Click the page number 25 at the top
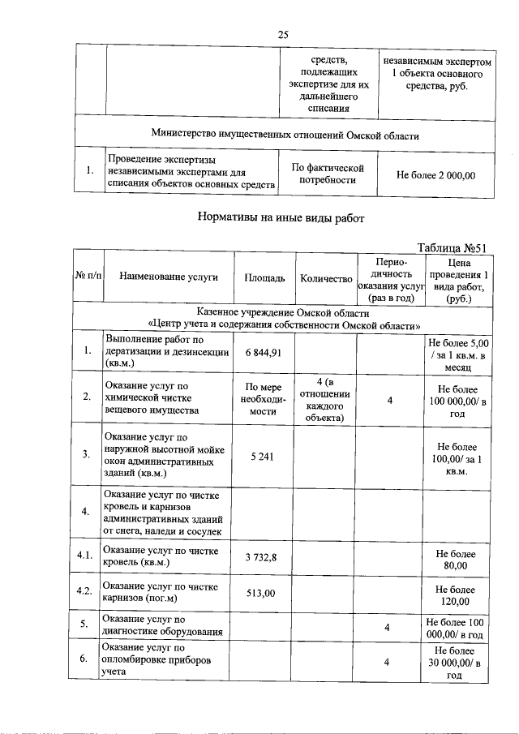(x=283, y=34)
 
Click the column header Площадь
(x=264, y=278)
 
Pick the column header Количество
(x=325, y=278)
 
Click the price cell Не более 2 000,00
(x=435, y=174)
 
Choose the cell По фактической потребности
(x=327, y=174)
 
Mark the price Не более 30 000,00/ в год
(x=457, y=662)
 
